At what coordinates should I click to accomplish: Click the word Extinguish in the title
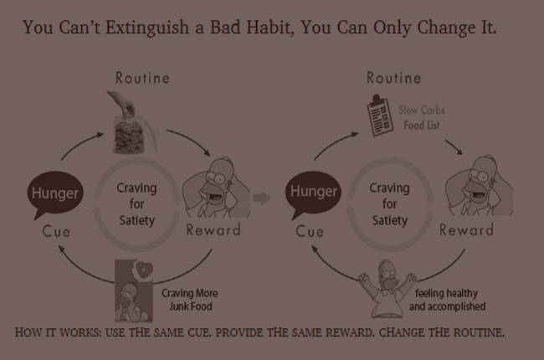147,28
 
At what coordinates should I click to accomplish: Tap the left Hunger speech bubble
54,194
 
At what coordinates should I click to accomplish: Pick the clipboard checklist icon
380,116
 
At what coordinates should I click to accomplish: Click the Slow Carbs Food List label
422,117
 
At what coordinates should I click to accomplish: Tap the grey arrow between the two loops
262,198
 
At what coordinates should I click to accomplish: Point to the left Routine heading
142,78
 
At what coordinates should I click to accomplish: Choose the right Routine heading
394,78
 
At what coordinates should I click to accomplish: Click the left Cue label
56,232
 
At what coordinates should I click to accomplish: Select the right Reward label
466,230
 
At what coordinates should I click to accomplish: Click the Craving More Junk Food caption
190,300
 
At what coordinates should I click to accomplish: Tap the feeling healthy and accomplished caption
447,300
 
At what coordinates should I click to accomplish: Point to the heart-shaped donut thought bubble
143,269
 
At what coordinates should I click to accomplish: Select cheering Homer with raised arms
387,288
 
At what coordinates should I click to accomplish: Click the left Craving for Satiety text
136,204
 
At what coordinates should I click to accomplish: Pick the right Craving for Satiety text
390,204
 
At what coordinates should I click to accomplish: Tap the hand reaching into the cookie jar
122,103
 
